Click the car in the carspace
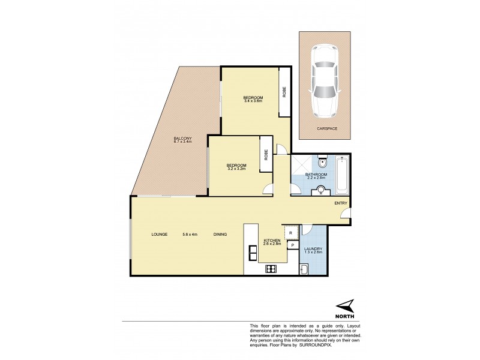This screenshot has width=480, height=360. [325, 82]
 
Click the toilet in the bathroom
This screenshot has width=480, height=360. [322, 162]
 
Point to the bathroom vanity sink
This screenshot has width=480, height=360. [321, 190]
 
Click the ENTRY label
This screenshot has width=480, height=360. [340, 203]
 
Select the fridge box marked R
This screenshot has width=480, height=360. [290, 232]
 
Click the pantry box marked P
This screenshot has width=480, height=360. [292, 245]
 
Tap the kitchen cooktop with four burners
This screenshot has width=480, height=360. [270, 268]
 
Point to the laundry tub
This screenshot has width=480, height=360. [304, 269]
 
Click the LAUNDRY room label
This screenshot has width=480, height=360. [313, 249]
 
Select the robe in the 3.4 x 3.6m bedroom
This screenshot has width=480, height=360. [284, 93]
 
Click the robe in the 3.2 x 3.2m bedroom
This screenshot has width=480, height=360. [265, 155]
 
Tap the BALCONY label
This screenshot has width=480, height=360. [182, 138]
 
